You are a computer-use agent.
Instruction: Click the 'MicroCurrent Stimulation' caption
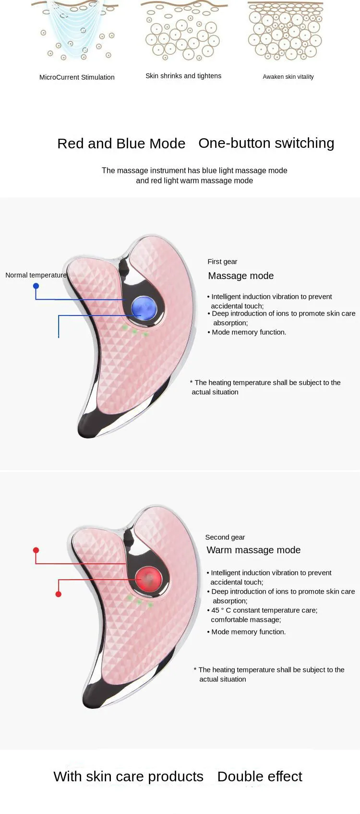77,77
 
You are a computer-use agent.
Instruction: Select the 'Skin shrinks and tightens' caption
183,76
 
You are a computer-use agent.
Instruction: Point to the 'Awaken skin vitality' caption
288,77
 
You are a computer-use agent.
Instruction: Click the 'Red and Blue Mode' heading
121,144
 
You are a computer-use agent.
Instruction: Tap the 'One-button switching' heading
266,143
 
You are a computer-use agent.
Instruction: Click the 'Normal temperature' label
36,275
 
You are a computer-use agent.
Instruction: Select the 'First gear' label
222,262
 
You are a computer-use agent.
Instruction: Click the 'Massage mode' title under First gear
241,276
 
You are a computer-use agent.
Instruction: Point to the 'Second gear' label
225,537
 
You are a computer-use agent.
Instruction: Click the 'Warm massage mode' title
253,550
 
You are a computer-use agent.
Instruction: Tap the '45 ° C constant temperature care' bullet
264,610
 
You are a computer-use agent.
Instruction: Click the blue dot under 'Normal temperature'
36,286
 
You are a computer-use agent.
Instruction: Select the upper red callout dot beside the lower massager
36,550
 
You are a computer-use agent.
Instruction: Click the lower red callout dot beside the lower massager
59,594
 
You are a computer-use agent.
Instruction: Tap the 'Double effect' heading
260,777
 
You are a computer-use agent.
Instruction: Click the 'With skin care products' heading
128,777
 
